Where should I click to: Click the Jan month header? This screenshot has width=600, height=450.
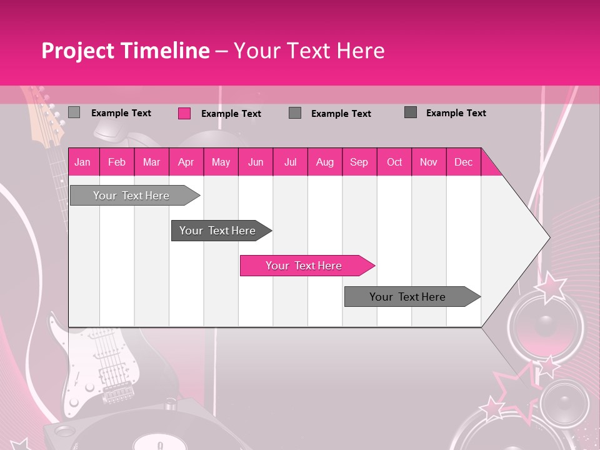click(x=82, y=162)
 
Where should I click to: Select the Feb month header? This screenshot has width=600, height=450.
click(x=117, y=162)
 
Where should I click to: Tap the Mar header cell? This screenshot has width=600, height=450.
click(x=151, y=162)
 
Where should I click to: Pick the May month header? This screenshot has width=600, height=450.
click(x=221, y=162)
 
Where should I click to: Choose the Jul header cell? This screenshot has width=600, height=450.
click(x=290, y=162)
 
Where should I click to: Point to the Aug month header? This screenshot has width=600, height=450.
click(x=325, y=162)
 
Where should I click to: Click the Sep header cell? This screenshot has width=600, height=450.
click(x=359, y=162)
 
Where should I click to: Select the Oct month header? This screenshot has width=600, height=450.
click(x=394, y=162)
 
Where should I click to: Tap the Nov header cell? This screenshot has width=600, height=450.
click(x=429, y=162)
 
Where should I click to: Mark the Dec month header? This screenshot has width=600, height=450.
click(x=464, y=162)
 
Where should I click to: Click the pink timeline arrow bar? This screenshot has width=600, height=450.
click(x=306, y=266)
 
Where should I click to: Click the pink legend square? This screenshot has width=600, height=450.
click(x=184, y=113)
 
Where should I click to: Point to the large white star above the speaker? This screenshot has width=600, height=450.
click(x=551, y=286)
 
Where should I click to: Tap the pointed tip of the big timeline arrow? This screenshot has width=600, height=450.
click(x=549, y=237)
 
